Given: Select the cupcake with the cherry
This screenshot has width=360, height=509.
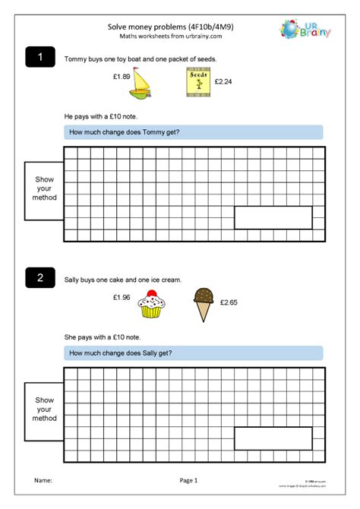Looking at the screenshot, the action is (151, 305).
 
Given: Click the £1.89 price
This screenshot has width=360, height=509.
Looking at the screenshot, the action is (122, 77).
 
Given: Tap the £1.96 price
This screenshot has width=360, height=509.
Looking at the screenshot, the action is (121, 297).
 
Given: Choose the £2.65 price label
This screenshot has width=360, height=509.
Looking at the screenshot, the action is (229, 303).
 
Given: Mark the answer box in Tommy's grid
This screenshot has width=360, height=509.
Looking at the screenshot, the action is (273, 217).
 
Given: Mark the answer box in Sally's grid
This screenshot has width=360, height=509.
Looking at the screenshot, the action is (273, 438).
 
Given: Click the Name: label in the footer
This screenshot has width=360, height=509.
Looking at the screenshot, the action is (43, 481).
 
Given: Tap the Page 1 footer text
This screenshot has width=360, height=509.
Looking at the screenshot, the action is (188, 481).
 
